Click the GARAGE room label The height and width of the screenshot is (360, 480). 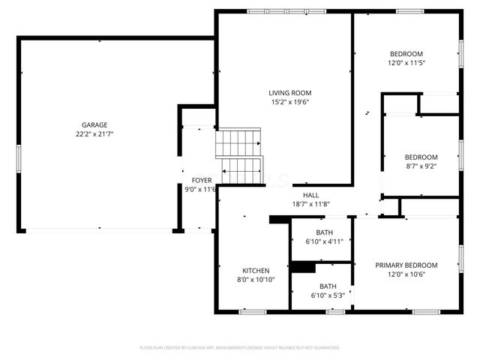94,124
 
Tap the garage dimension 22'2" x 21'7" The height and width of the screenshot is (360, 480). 94,134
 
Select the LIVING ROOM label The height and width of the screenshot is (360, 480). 285,93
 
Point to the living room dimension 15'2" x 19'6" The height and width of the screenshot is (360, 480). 285,103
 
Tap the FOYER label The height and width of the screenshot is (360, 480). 201,180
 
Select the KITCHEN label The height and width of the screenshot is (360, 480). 255,270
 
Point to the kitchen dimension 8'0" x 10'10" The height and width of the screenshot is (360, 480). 255,280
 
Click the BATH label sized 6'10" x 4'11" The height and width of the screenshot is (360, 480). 325,232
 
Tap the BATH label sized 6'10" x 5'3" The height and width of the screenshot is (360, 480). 328,286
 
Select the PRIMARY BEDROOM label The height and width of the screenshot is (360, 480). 406,265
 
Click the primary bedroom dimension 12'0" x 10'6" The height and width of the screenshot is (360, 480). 406,274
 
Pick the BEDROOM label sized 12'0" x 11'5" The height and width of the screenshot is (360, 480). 406,53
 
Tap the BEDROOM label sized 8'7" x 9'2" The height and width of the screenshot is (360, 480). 421,157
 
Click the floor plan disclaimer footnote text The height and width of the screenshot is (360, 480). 240,348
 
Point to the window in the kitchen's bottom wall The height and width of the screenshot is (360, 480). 252,310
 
